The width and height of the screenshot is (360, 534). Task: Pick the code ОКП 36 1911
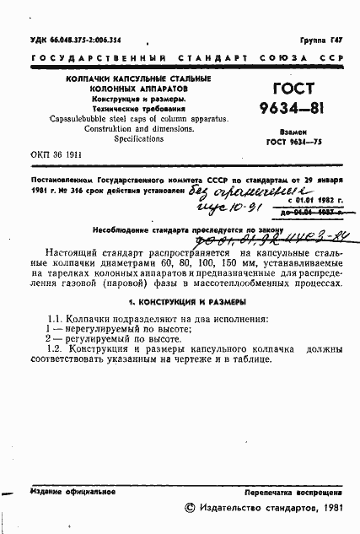click(x=56, y=156)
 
